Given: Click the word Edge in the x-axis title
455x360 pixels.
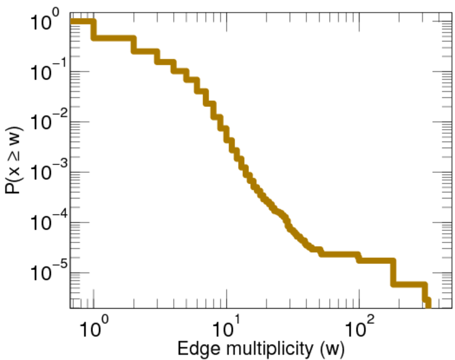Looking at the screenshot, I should [x=190, y=347].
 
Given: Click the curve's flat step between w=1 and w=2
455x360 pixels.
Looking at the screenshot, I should [x=114, y=38].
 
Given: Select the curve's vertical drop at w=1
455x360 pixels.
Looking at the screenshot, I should [x=94, y=30].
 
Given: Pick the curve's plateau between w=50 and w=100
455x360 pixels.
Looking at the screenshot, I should [x=339, y=254].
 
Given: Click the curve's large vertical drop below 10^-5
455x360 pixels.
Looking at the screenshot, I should [x=393, y=272].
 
